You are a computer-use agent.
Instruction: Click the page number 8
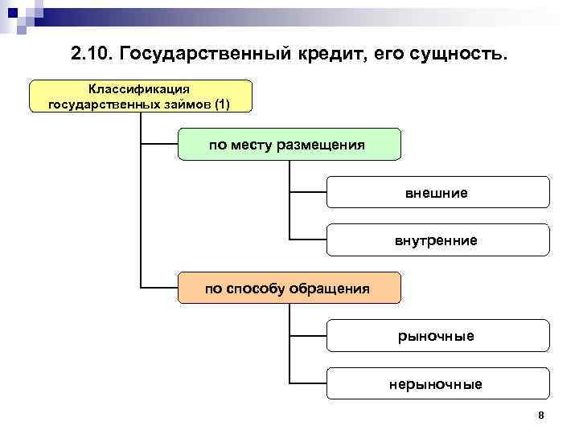click(x=541, y=415)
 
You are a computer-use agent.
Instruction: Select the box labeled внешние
click(x=437, y=193)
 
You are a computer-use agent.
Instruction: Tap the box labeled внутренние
click(x=437, y=240)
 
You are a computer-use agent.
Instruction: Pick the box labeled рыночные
click(x=437, y=335)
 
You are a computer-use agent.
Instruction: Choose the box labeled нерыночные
click(x=437, y=383)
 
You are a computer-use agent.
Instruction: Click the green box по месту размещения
click(x=288, y=145)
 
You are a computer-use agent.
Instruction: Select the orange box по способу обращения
click(x=288, y=288)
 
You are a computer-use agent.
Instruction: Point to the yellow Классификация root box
click(x=140, y=96)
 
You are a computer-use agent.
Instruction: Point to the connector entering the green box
click(x=159, y=145)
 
